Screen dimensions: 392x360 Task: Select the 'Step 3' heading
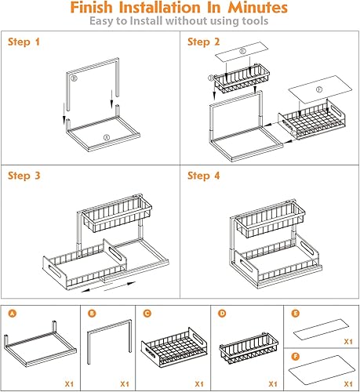coord(26,176)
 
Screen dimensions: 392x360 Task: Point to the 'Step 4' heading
coord(205,176)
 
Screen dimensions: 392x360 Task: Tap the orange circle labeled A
coord(12,314)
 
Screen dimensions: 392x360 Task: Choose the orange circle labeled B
coord(92,314)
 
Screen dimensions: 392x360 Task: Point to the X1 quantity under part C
coord(198,384)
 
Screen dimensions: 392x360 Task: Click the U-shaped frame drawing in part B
coord(108,345)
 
